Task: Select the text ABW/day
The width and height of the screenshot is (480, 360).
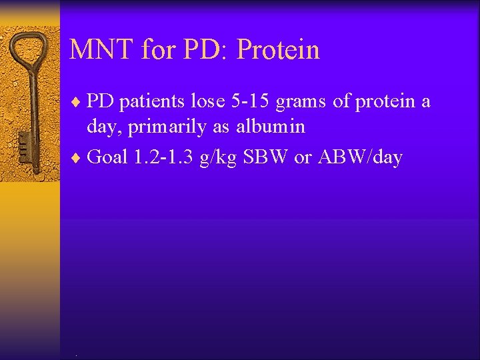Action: tap(361, 158)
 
